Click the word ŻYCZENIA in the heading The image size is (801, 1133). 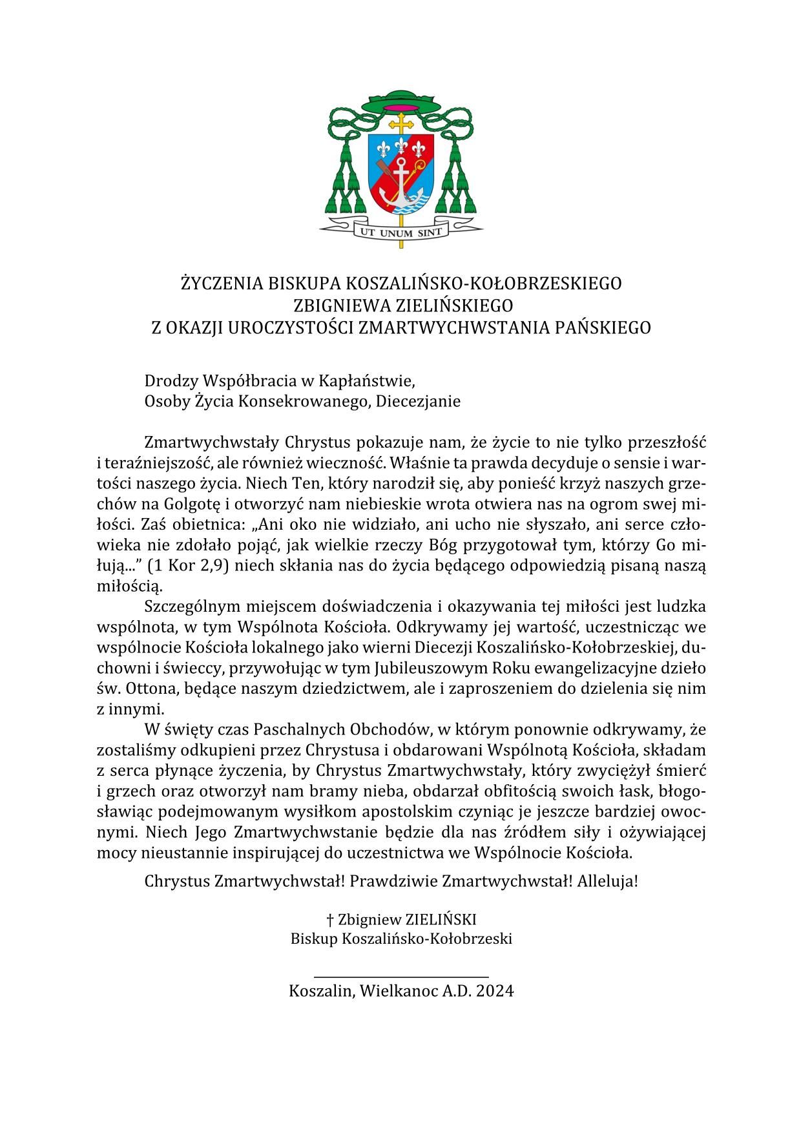221,284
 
